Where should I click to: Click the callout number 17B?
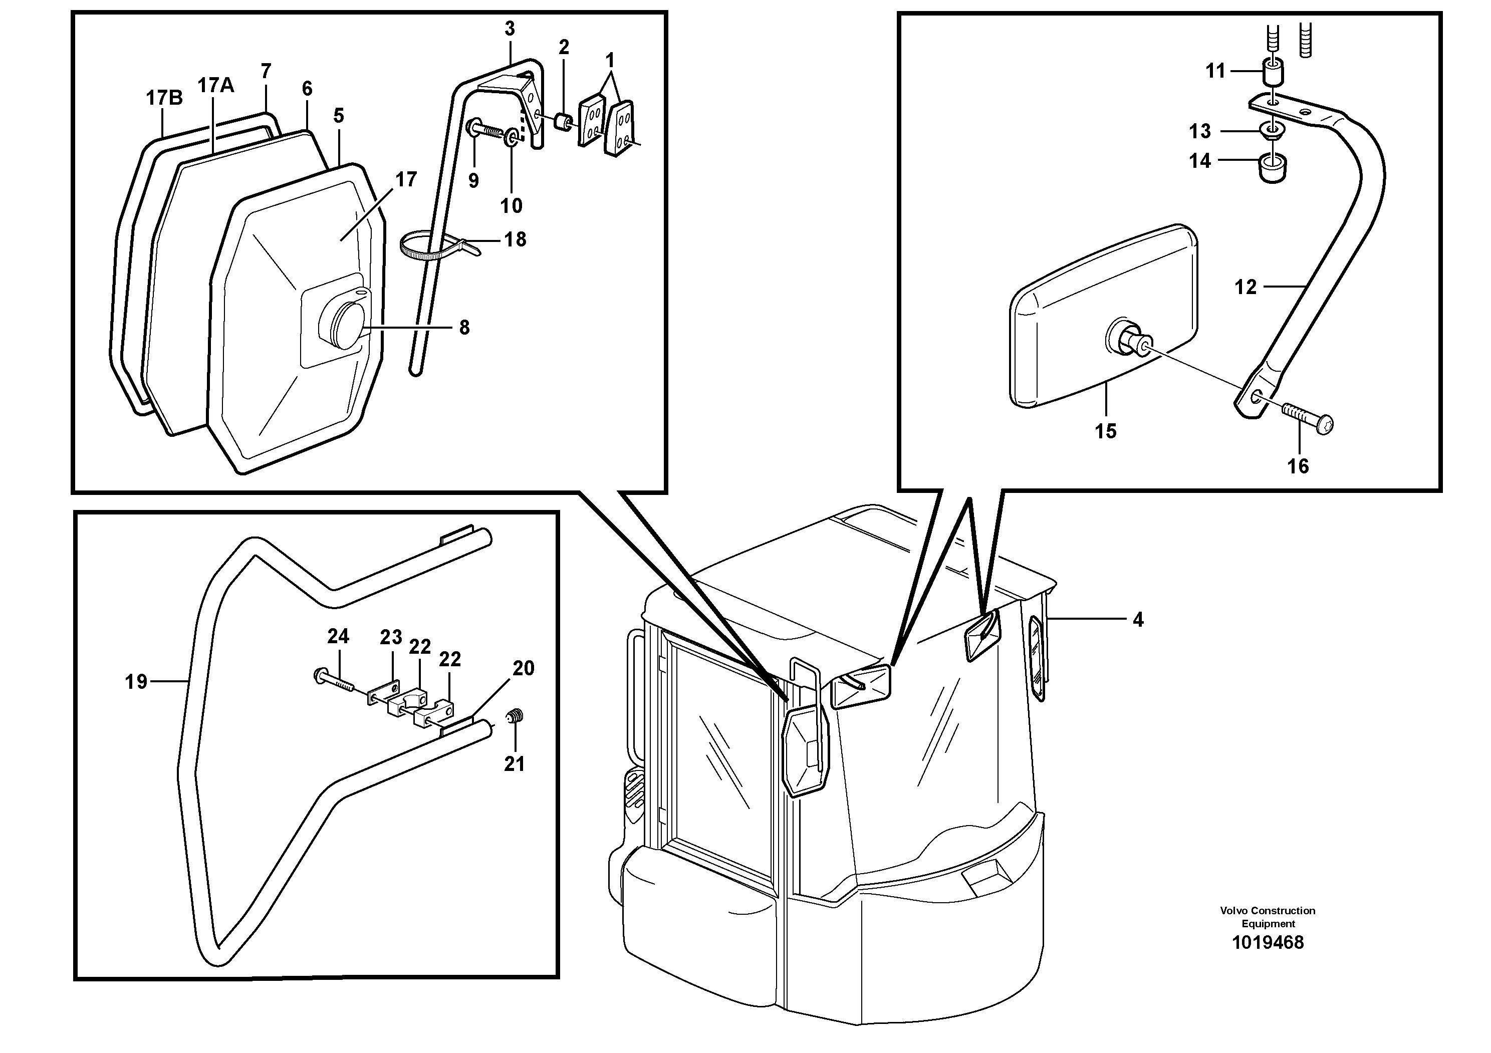tap(164, 98)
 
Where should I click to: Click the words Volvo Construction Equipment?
tap(1267, 917)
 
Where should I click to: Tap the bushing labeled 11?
tap(1272, 73)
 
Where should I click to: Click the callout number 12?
tap(1245, 287)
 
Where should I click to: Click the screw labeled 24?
tap(335, 680)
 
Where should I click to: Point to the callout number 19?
tap(136, 682)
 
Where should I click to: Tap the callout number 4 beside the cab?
tap(1138, 620)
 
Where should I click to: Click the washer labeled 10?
tap(512, 136)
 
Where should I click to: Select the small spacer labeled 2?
tap(564, 122)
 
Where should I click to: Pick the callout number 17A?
tap(215, 85)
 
